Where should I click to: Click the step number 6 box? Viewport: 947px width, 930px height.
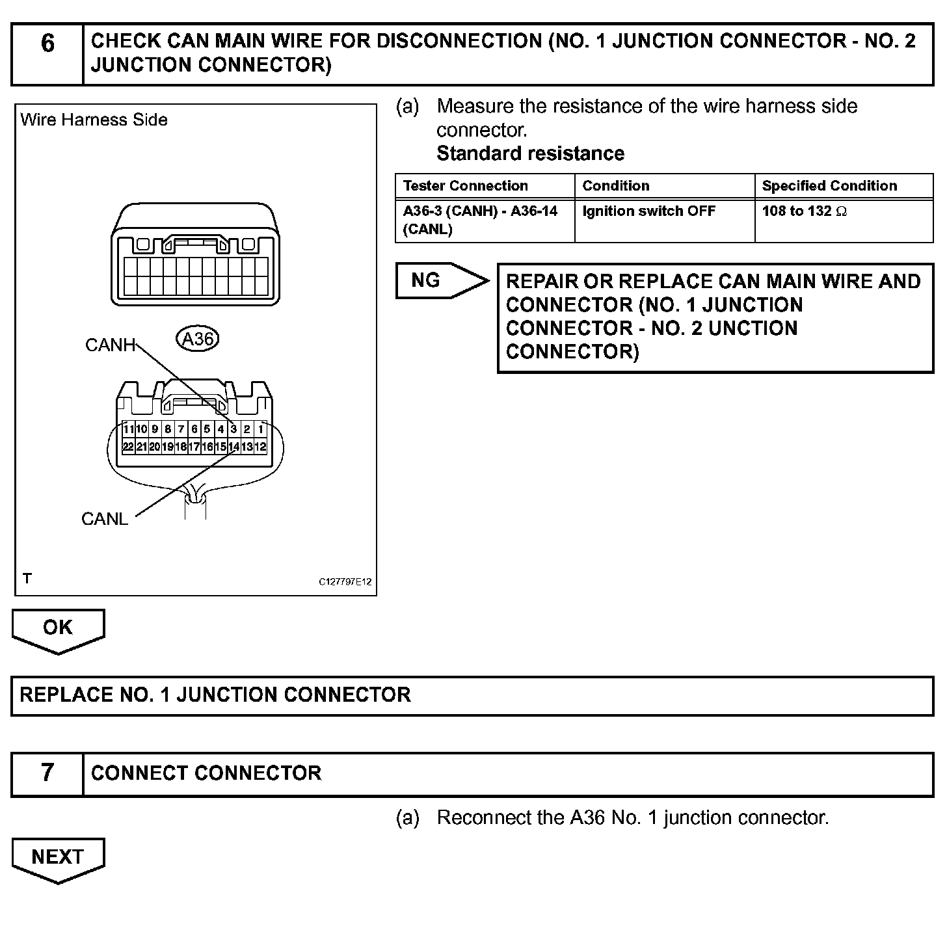click(x=47, y=44)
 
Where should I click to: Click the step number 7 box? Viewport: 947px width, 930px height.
click(x=47, y=773)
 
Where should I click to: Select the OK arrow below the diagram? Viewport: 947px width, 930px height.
click(x=58, y=628)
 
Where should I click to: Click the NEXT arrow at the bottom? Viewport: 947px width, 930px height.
click(x=58, y=858)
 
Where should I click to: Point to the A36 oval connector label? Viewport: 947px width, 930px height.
click(x=198, y=339)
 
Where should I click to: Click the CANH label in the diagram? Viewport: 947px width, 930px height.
click(x=110, y=345)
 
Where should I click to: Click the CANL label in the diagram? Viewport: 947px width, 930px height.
click(x=105, y=519)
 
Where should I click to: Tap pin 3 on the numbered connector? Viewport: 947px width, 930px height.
click(x=233, y=429)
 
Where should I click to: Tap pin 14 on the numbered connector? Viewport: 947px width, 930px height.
click(x=233, y=447)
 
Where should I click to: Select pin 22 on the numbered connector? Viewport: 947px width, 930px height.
click(x=128, y=447)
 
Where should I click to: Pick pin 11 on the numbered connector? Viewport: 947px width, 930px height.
click(x=128, y=429)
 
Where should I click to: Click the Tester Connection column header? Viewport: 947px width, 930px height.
click(x=466, y=186)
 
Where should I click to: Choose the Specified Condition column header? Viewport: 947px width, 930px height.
click(x=829, y=186)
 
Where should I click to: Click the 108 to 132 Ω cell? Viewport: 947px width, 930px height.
click(x=804, y=211)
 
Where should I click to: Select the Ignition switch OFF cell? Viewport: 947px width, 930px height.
click(x=648, y=211)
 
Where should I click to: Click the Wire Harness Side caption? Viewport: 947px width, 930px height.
click(x=94, y=120)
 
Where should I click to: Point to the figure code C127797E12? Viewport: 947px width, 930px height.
click(x=345, y=581)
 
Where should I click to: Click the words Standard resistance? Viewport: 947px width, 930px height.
click(x=530, y=153)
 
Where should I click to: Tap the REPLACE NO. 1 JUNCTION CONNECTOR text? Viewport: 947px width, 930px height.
click(x=215, y=695)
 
